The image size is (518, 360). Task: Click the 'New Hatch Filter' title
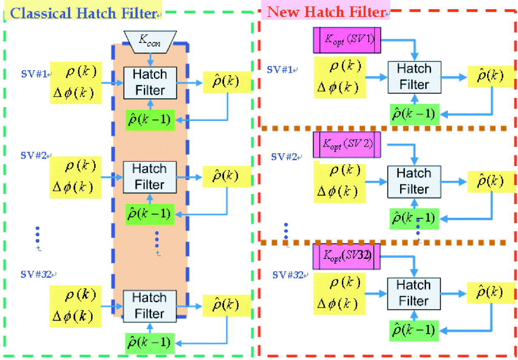[x=326, y=11]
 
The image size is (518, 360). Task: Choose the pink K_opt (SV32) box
[x=347, y=256]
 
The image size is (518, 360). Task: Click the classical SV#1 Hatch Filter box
[x=150, y=82]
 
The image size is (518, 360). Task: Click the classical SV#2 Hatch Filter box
[x=150, y=177]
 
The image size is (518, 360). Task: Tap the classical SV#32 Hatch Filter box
[x=150, y=306]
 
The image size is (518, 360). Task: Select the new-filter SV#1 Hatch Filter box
[x=414, y=77]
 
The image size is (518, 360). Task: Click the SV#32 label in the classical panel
[x=37, y=275]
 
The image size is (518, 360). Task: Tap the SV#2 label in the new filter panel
[x=285, y=157]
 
